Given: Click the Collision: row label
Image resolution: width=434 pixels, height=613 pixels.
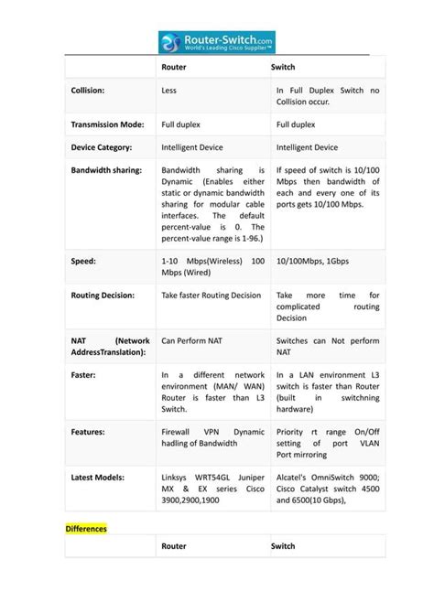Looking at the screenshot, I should (88, 91).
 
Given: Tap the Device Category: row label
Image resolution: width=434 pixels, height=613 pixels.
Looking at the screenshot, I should (102, 146).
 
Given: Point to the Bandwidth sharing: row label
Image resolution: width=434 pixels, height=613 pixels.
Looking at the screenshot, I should (106, 170).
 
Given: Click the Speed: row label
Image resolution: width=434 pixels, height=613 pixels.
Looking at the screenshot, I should (84, 261).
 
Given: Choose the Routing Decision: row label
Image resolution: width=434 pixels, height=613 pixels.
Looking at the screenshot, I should (103, 296).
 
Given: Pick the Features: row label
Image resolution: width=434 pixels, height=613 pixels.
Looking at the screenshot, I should (88, 431).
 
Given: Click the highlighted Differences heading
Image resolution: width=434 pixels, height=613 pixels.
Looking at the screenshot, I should (86, 529).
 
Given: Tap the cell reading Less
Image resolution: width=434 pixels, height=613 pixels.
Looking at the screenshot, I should (169, 91).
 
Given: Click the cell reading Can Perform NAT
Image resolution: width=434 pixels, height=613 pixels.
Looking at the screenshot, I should (192, 340).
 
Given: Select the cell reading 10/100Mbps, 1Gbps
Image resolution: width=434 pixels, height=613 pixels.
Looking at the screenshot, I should (312, 261).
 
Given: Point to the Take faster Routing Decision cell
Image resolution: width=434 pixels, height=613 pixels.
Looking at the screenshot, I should (212, 296).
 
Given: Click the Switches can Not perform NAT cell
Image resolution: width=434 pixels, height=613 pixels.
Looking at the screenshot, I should (327, 346).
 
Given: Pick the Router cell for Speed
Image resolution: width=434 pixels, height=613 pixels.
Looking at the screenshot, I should (212, 266).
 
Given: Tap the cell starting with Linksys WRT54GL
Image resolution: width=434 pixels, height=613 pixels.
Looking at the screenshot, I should (212, 489).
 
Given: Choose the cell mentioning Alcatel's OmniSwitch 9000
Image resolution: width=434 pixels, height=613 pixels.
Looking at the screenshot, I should (327, 489).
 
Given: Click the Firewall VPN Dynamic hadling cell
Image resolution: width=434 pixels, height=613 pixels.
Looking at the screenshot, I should (212, 437).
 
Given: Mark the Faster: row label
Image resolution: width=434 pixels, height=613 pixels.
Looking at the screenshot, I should (84, 375).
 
